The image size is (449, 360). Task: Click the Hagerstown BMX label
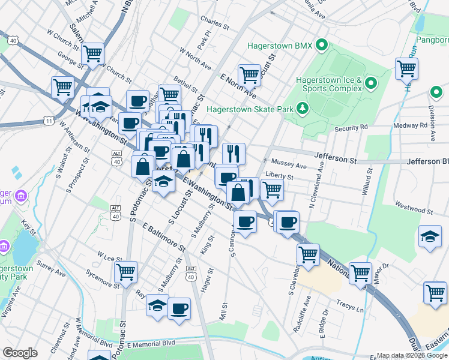(279, 46)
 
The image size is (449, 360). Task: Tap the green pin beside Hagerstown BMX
(322, 45)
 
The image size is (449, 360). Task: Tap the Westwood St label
(414, 211)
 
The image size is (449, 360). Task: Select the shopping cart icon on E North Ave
(249, 75)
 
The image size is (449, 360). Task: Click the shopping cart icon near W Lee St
(126, 272)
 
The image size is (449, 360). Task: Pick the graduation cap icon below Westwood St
(430, 236)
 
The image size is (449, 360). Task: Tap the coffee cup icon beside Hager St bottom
(179, 308)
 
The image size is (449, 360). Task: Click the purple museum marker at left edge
(20, 196)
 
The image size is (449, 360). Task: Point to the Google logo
(20, 353)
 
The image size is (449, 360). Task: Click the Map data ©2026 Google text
(411, 355)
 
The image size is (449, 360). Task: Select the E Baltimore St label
(164, 236)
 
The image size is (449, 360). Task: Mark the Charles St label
(215, 27)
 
